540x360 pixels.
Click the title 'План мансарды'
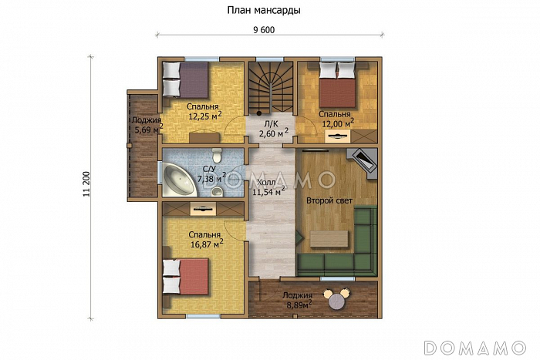point(264,11)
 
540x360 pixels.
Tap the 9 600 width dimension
point(264,30)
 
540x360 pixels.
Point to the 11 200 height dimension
point(86,184)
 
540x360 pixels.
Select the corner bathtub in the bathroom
point(179,180)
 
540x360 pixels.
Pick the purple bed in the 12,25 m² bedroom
point(186,79)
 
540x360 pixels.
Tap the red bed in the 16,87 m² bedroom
point(186,277)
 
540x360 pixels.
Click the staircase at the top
point(271,87)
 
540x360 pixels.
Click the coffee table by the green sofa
point(329,239)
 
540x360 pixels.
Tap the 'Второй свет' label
point(329,200)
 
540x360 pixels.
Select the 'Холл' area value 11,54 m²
point(268,191)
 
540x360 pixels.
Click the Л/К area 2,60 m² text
point(274,133)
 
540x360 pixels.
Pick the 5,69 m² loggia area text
point(148,130)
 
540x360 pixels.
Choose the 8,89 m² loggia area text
point(299,304)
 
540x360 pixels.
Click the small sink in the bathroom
point(217,191)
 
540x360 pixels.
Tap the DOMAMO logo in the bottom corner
point(476,348)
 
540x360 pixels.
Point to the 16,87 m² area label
point(207,244)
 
